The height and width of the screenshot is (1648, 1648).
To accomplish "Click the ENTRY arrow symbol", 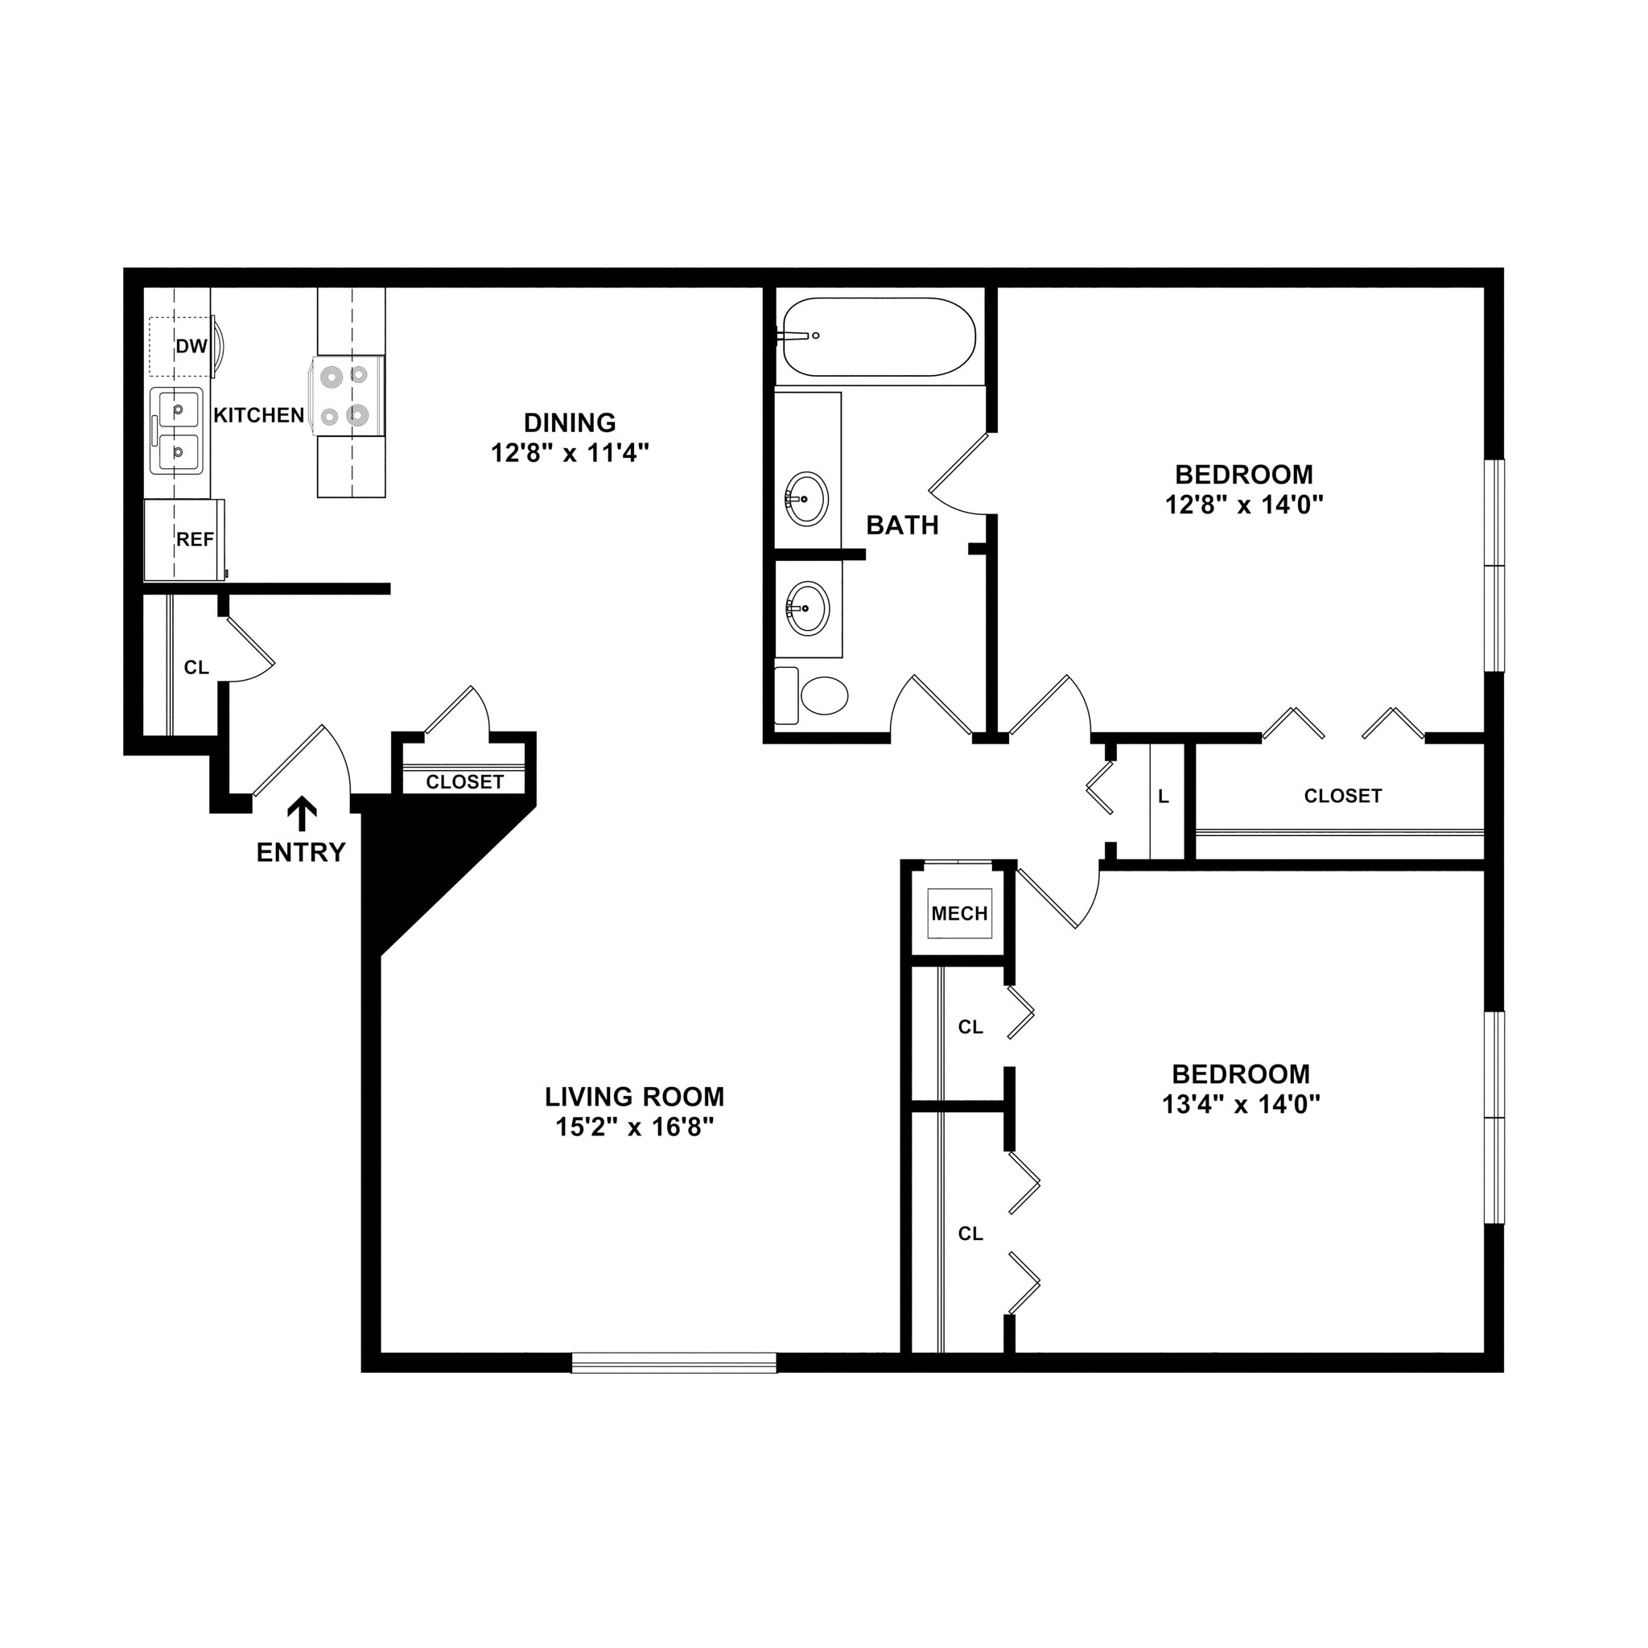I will tap(301, 814).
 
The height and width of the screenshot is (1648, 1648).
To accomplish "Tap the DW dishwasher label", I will tap(192, 346).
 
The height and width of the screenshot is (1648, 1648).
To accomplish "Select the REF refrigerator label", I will tap(195, 540).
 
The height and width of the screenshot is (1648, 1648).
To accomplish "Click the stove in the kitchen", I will tap(345, 396).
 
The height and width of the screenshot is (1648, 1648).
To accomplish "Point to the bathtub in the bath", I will tap(879, 337).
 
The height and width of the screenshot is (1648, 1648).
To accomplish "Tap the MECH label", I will tap(960, 913).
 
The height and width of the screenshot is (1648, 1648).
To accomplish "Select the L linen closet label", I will tap(1164, 797).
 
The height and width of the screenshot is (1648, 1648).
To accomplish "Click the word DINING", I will tap(570, 423).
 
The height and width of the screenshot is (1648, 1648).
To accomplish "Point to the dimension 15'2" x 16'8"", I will tap(635, 1127).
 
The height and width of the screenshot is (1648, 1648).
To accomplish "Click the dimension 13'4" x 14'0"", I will tap(1241, 1105).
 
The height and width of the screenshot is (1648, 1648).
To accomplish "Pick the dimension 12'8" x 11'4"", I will tap(570, 453).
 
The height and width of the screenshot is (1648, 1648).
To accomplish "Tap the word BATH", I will tap(903, 525).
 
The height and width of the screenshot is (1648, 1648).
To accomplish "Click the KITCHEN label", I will tap(258, 415).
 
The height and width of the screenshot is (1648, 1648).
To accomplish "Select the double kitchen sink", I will tap(175, 431).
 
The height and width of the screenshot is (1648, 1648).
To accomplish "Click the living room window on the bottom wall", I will tap(674, 1362).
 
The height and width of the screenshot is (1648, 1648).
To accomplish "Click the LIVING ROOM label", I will tap(635, 1097).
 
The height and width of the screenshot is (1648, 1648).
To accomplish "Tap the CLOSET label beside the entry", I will tap(465, 782).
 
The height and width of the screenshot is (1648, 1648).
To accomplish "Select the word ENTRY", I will tap(301, 852).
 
